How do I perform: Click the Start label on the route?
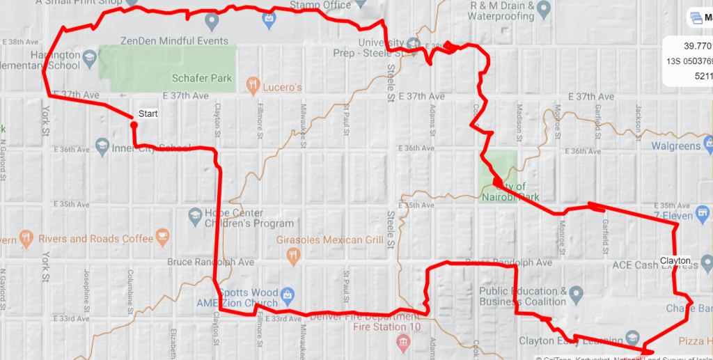pyautogui.click(x=148, y=114)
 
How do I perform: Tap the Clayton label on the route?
pyautogui.click(x=675, y=261)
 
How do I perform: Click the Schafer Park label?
pyautogui.click(x=202, y=79)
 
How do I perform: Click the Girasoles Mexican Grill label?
pyautogui.click(x=330, y=240)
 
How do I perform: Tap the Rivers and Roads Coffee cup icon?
pyautogui.click(x=163, y=237)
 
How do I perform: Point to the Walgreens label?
pyautogui.click(x=675, y=146)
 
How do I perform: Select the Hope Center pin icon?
pyautogui.click(x=196, y=218)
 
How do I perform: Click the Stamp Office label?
pyautogui.click(x=320, y=6)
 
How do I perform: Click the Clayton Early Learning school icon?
pyautogui.click(x=632, y=337)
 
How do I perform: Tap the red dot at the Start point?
pyautogui.click(x=132, y=125)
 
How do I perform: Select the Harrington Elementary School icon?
pyautogui.click(x=89, y=56)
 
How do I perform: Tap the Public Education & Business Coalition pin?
pyautogui.click(x=576, y=296)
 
